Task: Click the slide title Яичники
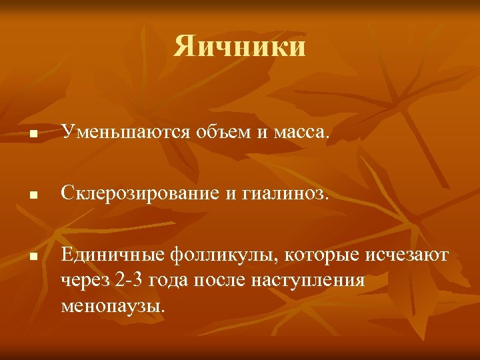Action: point(240,47)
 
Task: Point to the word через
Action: point(84,281)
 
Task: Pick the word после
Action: point(223,281)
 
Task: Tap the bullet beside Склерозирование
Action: point(32,197)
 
